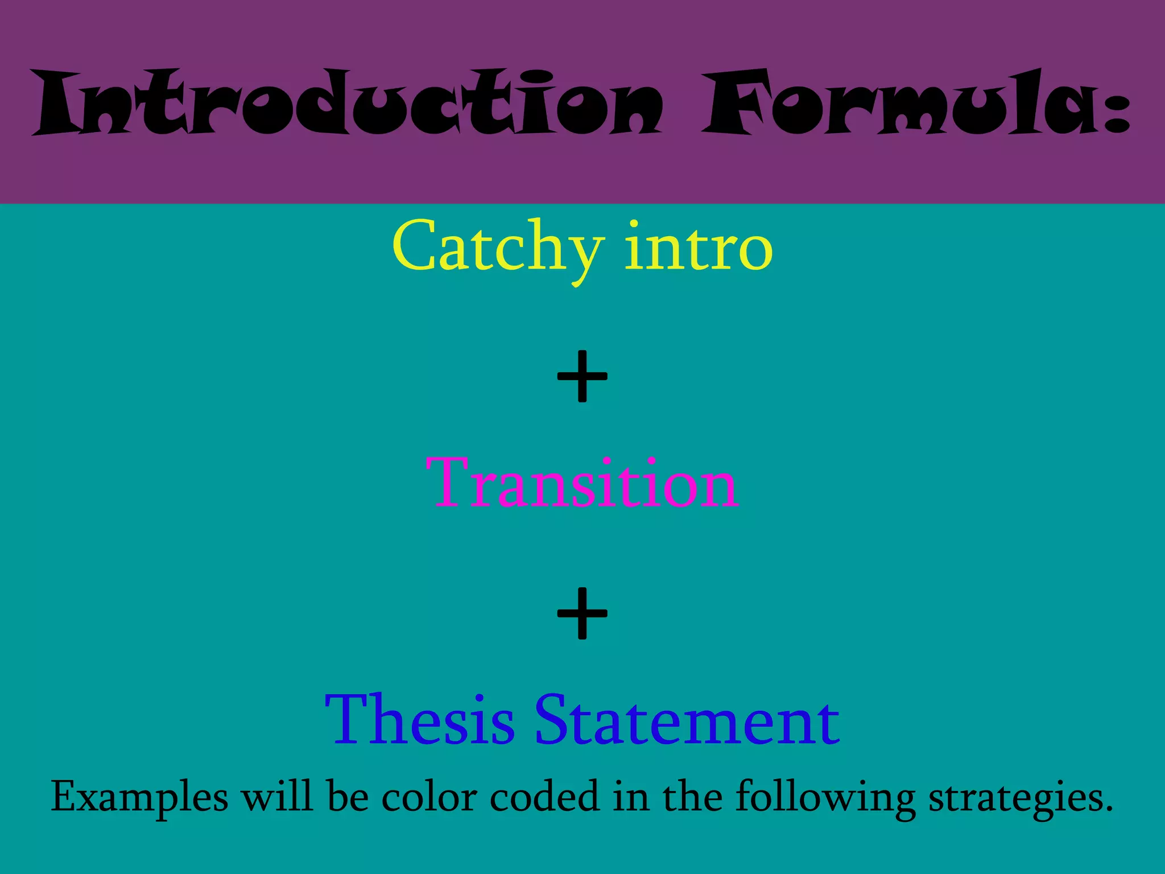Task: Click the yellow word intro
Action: point(699,248)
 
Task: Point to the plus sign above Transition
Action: point(582,376)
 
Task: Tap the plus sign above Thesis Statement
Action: point(582,613)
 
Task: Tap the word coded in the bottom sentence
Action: point(544,797)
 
